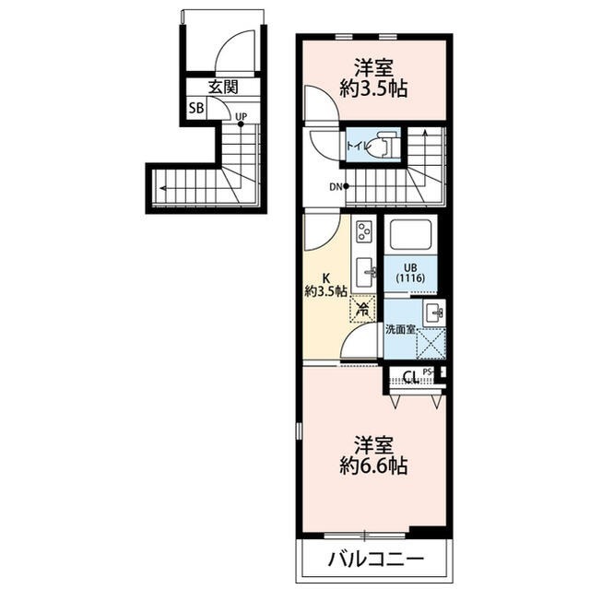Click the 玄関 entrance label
(x=222, y=88)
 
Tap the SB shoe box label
(x=195, y=108)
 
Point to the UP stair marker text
(x=241, y=116)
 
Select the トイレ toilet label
(x=360, y=145)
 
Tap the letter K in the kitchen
(x=325, y=276)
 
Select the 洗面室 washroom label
(x=399, y=329)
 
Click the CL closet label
(x=411, y=376)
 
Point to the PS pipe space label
(x=428, y=371)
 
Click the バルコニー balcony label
(x=375, y=560)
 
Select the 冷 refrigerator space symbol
(x=363, y=310)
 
